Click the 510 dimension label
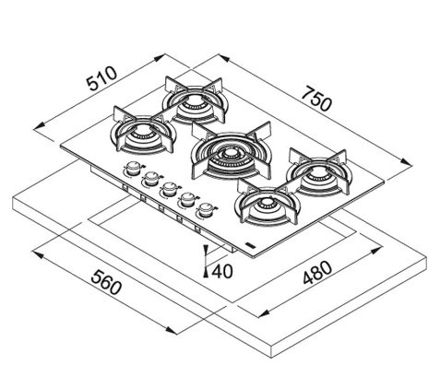101,78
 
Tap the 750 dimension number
316,99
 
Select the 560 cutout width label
106,282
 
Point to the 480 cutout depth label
317,273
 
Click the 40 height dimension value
222,271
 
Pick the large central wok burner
231,151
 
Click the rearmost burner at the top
194,100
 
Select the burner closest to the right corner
317,173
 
